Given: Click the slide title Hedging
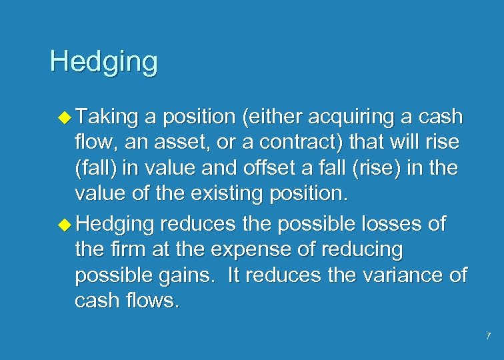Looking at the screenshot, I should coord(103,62).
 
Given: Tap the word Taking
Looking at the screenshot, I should coord(107,117).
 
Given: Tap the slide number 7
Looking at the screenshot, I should coord(489,335).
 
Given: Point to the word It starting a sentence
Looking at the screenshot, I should coord(236,275).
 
